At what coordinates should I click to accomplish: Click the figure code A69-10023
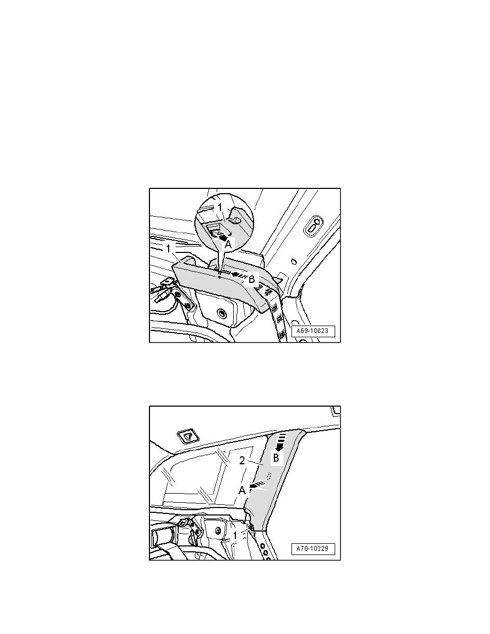tap(313, 331)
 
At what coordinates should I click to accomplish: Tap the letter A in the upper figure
tap(228, 244)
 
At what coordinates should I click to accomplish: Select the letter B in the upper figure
tap(251, 279)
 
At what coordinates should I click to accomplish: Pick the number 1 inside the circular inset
tap(220, 208)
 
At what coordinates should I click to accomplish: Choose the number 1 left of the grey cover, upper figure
tap(168, 249)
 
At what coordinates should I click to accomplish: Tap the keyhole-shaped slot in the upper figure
tap(314, 227)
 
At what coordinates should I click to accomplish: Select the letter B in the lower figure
tap(276, 458)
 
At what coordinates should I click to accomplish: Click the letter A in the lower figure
tap(242, 490)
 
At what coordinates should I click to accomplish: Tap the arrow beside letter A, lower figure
tap(258, 485)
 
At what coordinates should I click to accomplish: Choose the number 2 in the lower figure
tap(242, 461)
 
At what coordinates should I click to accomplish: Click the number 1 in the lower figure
tap(235, 535)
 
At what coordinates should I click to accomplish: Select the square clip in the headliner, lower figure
tap(188, 437)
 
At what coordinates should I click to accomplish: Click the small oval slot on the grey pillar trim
tap(268, 473)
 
